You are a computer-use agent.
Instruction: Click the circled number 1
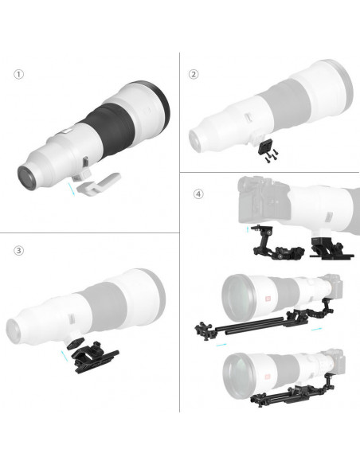18,74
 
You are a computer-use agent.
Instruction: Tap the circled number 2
194,74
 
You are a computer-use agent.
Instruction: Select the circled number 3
18,251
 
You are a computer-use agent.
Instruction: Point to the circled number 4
198,194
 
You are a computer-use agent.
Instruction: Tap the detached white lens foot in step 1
99,185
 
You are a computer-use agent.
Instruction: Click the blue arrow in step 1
71,189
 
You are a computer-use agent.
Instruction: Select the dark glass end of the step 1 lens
27,178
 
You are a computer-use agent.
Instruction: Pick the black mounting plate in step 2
264,147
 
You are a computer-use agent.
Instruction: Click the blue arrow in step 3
64,356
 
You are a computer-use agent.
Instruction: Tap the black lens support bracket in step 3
95,358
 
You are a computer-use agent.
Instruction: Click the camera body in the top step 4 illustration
264,199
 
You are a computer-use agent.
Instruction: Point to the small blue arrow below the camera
248,229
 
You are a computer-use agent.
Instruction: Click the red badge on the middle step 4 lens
268,299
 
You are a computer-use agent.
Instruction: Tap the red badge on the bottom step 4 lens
268,377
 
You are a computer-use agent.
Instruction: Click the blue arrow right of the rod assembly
316,329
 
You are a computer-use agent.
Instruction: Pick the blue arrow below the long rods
221,345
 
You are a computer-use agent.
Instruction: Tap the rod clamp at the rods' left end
205,330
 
